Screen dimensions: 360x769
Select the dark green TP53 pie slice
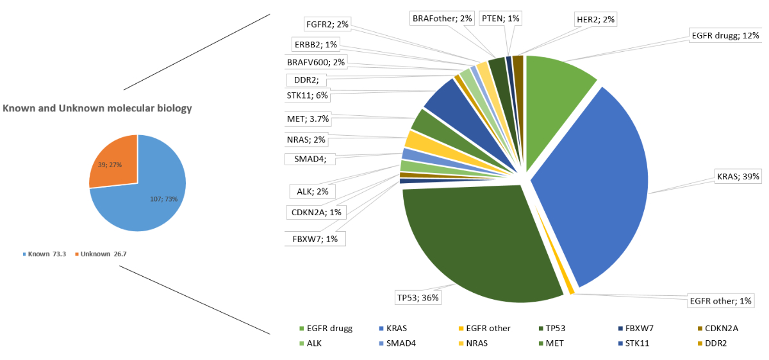click(474, 243)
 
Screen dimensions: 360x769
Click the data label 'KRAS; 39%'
click(738, 177)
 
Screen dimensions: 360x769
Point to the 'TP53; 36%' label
click(418, 297)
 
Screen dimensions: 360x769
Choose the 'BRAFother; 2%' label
click(442, 18)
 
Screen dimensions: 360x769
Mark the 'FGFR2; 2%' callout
click(326, 24)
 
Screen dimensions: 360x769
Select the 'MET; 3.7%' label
click(308, 118)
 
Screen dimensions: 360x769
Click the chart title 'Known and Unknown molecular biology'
click(97, 108)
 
